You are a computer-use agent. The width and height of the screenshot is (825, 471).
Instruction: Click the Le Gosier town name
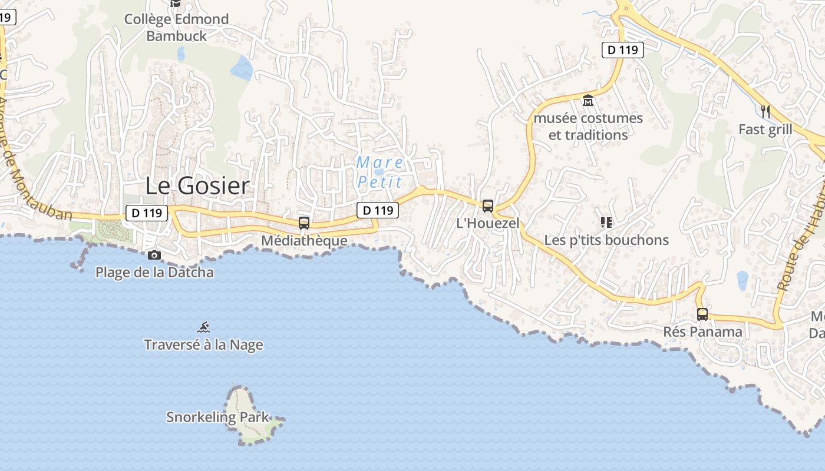[x=197, y=186]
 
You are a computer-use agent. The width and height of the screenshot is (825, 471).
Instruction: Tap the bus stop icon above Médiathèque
[x=304, y=223]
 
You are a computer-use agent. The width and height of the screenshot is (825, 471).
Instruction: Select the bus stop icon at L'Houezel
[x=488, y=206]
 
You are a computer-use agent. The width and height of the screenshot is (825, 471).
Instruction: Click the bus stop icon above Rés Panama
[x=702, y=314]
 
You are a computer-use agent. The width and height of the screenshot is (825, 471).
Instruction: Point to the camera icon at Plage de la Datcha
[x=154, y=255]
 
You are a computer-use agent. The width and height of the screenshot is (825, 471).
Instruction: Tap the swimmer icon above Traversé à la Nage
[x=204, y=327]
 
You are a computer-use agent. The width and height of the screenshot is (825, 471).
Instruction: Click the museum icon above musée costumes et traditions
[x=588, y=101]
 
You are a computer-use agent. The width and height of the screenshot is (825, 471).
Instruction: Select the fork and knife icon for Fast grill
[x=765, y=111]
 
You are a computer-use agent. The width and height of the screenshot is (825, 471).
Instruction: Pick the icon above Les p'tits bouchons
[x=606, y=223]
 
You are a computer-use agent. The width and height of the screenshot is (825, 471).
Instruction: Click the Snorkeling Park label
[x=217, y=417]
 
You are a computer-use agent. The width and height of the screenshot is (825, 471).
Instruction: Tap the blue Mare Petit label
[x=380, y=171]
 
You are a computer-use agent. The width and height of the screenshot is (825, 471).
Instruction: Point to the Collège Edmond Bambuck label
[x=176, y=28]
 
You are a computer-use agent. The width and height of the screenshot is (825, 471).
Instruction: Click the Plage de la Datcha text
[x=154, y=273]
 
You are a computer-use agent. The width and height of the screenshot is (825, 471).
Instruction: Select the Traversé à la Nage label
[x=204, y=344]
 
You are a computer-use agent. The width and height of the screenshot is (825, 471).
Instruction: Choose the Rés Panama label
[x=702, y=331]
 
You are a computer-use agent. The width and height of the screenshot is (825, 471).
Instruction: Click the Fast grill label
[x=765, y=130]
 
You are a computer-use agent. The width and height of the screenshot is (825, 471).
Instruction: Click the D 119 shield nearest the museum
[x=623, y=50]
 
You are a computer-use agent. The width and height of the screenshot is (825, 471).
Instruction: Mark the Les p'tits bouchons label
[x=606, y=240]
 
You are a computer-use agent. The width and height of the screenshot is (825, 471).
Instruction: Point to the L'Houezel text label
[x=488, y=223]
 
